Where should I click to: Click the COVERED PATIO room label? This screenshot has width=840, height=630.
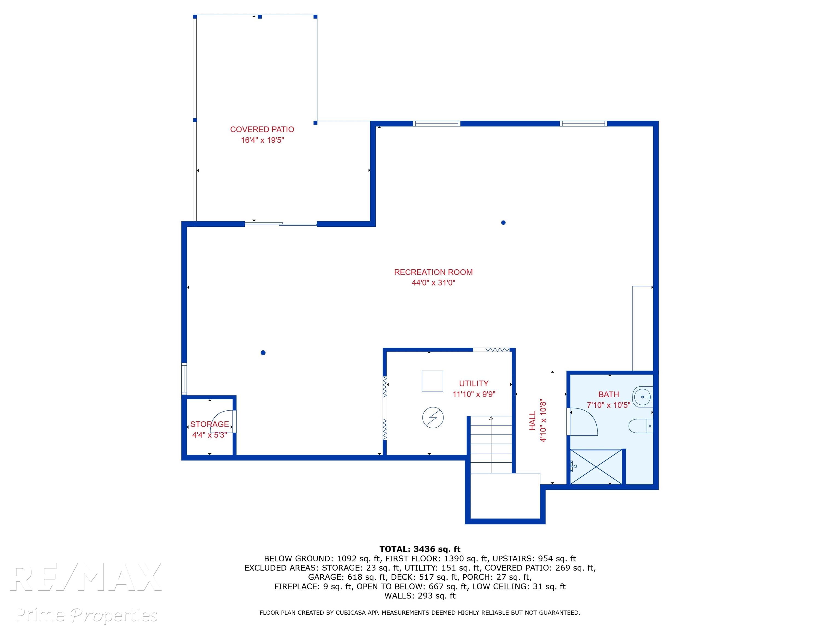[x=262, y=130]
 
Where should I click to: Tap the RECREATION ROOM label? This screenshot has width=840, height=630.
[x=433, y=272]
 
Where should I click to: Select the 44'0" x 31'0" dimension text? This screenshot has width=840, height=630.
[x=433, y=282]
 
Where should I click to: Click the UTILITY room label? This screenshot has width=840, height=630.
[x=474, y=384]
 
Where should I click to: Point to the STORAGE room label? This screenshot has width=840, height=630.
[x=210, y=424]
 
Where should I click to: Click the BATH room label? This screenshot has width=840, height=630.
[x=609, y=395]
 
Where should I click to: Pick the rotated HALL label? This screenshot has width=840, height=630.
[x=532, y=421]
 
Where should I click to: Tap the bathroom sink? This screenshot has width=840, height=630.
[x=643, y=397]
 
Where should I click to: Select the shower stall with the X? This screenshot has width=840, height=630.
[x=596, y=467]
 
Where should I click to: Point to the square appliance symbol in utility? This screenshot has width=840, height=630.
[x=432, y=381]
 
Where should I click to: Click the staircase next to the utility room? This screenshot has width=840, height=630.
[x=491, y=444]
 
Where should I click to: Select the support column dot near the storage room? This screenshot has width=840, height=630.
[x=263, y=353]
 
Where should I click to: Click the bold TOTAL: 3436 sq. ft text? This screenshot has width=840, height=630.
[x=420, y=549]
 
